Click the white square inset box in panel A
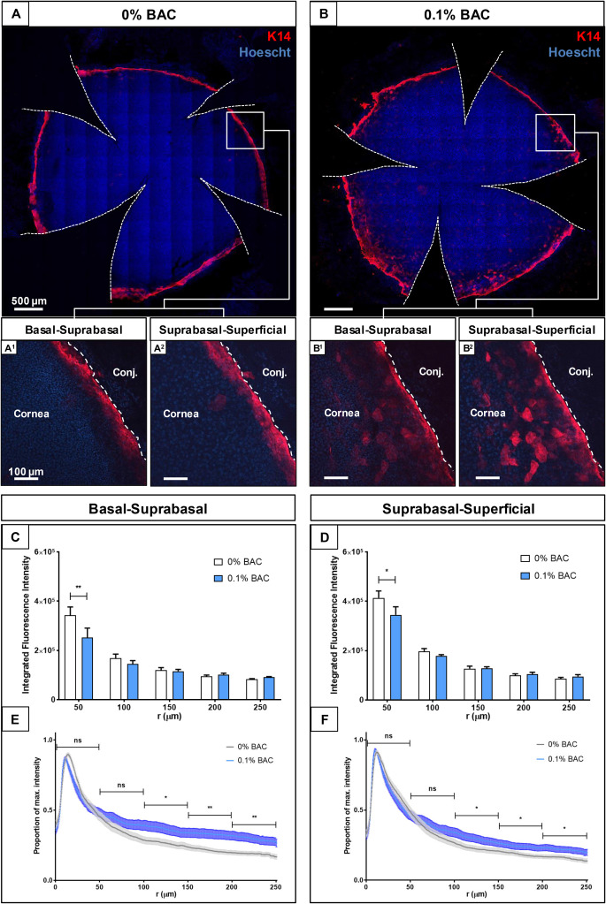pos(245,130)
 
